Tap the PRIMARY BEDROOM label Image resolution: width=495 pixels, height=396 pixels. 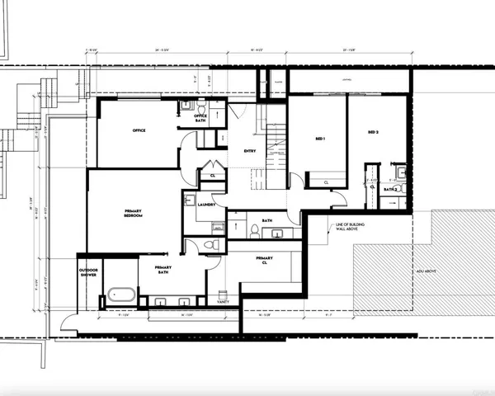tap(134, 213)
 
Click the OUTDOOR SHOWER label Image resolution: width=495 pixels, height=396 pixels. tap(88, 273)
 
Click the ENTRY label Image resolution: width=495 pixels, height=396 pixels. tap(250, 151)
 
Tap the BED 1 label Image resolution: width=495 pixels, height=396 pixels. tap(319, 139)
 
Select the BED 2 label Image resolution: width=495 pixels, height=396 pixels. tap(373, 131)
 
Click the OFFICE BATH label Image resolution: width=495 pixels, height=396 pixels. tap(200, 117)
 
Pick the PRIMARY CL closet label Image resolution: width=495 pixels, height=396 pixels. tap(264, 262)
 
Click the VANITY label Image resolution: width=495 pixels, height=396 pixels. tap(224, 302)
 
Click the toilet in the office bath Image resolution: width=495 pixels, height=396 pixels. tap(186, 106)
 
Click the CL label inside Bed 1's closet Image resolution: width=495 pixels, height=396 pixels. tap(327, 182)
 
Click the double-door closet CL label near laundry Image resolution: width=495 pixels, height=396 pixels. tap(212, 175)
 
